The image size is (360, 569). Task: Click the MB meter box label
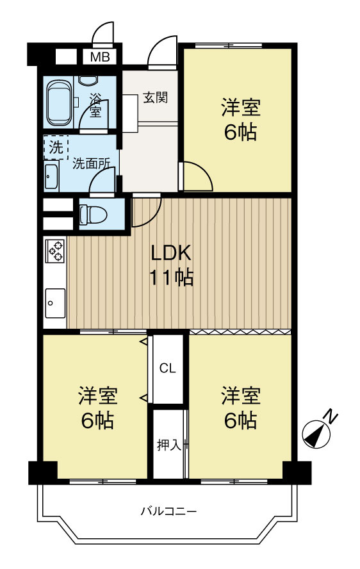click(x=99, y=57)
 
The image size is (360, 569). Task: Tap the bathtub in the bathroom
click(x=61, y=102)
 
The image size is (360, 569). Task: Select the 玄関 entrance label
click(x=155, y=98)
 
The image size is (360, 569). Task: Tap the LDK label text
click(x=171, y=254)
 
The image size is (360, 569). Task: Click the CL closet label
click(x=167, y=368)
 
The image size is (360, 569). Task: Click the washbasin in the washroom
click(x=52, y=175)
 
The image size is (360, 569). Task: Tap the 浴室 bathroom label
click(x=95, y=105)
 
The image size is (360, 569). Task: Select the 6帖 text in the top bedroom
click(x=240, y=132)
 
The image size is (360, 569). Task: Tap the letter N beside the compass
click(x=330, y=416)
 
